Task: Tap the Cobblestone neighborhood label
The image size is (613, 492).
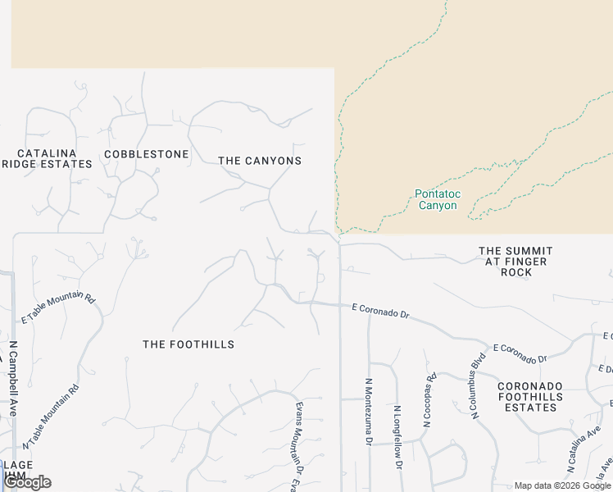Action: (147, 154)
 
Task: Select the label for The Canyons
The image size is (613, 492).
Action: (260, 161)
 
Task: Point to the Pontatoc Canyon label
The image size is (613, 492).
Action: (438, 200)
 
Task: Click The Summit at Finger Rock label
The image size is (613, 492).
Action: (515, 262)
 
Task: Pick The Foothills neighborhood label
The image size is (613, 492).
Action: (188, 344)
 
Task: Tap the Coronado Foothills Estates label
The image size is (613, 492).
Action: (531, 396)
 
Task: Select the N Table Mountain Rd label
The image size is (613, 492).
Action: (52, 417)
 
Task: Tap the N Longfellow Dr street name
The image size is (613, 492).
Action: (397, 430)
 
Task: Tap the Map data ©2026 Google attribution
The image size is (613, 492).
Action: (562, 485)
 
